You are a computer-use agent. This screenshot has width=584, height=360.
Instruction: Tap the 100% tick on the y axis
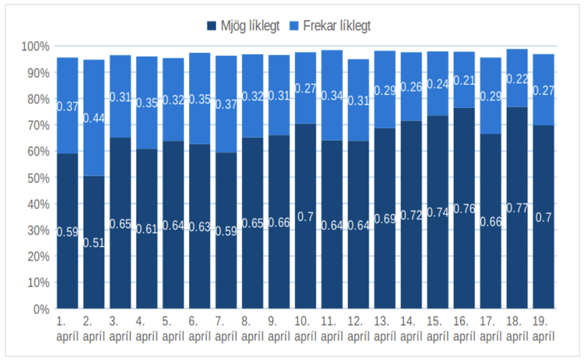pyautogui.click(x=34, y=47)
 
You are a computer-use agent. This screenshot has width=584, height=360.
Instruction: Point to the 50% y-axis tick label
pyautogui.click(x=36, y=178)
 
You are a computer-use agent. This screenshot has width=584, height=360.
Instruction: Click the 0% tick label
pyautogui.click(x=39, y=309)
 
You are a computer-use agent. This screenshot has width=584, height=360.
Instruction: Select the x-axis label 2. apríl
pyautogui.click(x=94, y=328)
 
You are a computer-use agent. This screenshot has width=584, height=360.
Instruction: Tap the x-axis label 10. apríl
pyautogui.click(x=305, y=328)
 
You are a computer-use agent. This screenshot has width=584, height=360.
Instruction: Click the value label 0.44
pyautogui.click(x=94, y=118)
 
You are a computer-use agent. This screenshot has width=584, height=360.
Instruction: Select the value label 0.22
pyautogui.click(x=517, y=79)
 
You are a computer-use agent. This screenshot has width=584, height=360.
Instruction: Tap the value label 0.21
pyautogui.click(x=464, y=81)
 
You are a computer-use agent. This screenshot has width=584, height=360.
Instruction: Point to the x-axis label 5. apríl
pyautogui.click(x=173, y=328)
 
